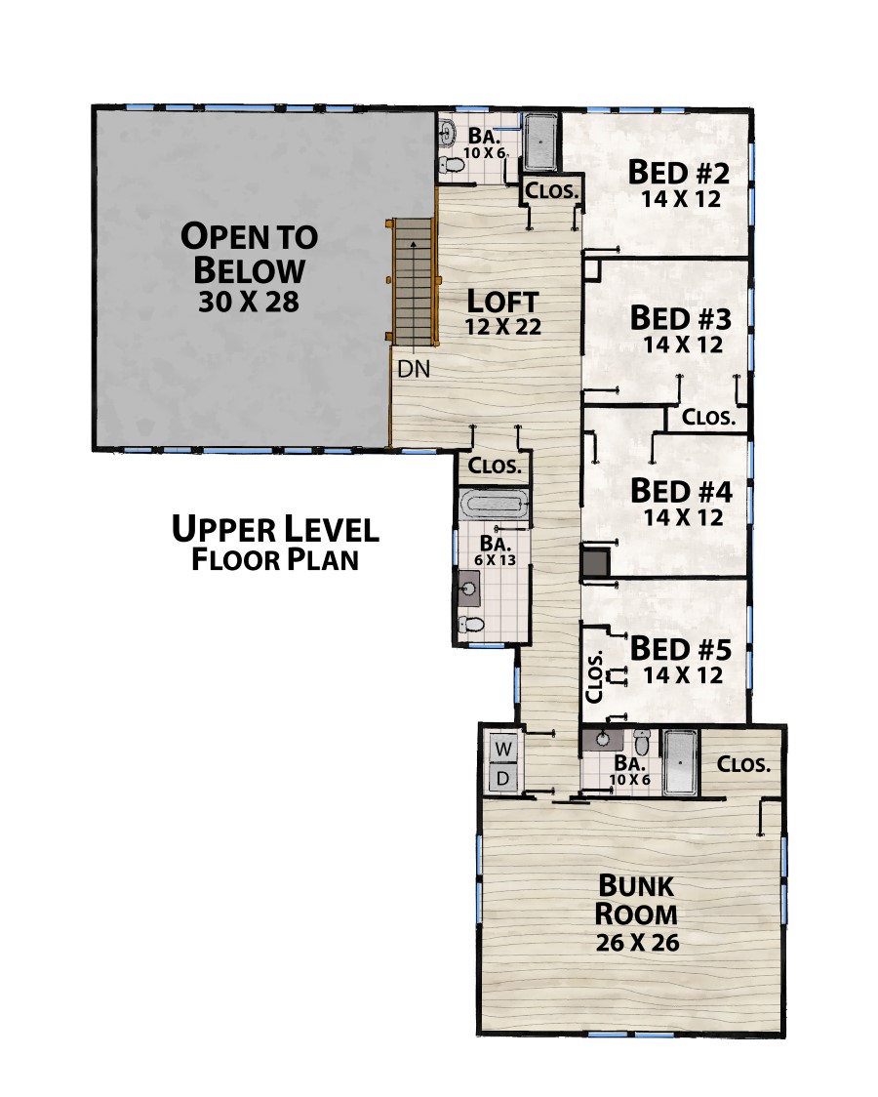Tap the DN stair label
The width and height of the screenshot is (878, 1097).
coord(414,369)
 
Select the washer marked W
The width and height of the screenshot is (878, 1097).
coord(502,750)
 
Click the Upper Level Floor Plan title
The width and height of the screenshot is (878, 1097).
coord(275,544)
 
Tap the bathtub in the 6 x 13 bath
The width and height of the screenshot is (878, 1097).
coord(493,505)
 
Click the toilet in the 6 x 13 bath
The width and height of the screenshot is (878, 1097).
coord(470,625)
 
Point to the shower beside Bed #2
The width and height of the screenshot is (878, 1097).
coord(540,142)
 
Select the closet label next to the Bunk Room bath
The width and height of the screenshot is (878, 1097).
coord(743,764)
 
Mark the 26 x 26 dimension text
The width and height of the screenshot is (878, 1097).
coord(638,943)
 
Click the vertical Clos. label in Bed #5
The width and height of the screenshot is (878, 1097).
coord(594,676)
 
